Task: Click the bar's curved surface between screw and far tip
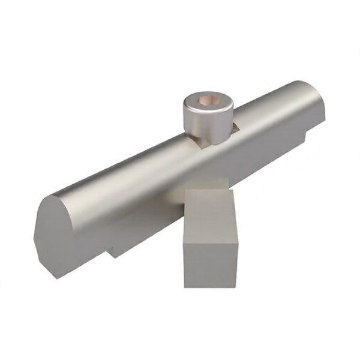(270, 114)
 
